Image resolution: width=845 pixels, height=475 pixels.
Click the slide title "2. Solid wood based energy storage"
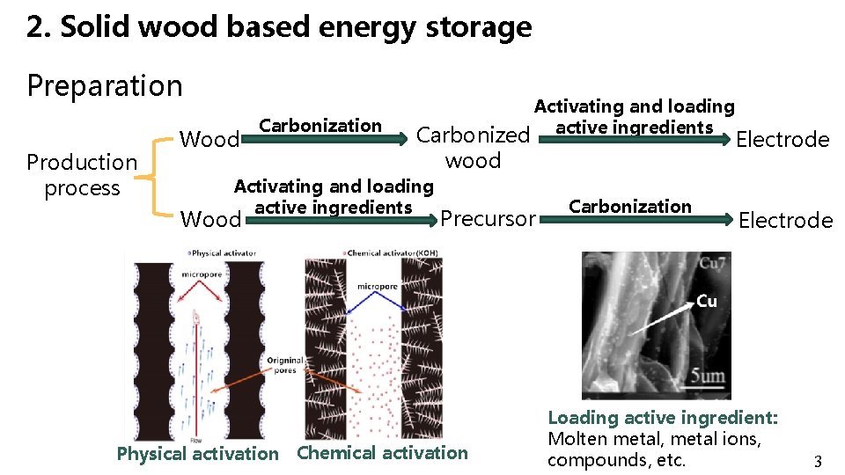279,28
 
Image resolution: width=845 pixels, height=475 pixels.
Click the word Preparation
105,86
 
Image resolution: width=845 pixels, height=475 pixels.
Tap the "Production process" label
82,175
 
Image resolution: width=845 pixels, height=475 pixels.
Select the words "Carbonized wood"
473,148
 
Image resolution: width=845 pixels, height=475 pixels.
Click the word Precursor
488,218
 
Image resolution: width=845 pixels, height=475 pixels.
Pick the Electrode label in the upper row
783,140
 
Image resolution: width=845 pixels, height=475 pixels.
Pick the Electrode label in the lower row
785,221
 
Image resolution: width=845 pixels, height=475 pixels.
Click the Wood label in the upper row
209,140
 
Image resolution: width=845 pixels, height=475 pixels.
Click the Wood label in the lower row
209,218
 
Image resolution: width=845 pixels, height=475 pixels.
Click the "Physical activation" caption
197,454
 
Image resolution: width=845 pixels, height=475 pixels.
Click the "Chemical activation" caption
383,453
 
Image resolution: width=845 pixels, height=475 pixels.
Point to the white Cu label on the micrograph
707,301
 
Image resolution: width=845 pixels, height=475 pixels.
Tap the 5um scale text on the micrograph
707,378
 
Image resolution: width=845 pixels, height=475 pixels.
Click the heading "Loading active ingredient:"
663,418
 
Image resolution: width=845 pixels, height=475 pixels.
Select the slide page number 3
817,462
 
